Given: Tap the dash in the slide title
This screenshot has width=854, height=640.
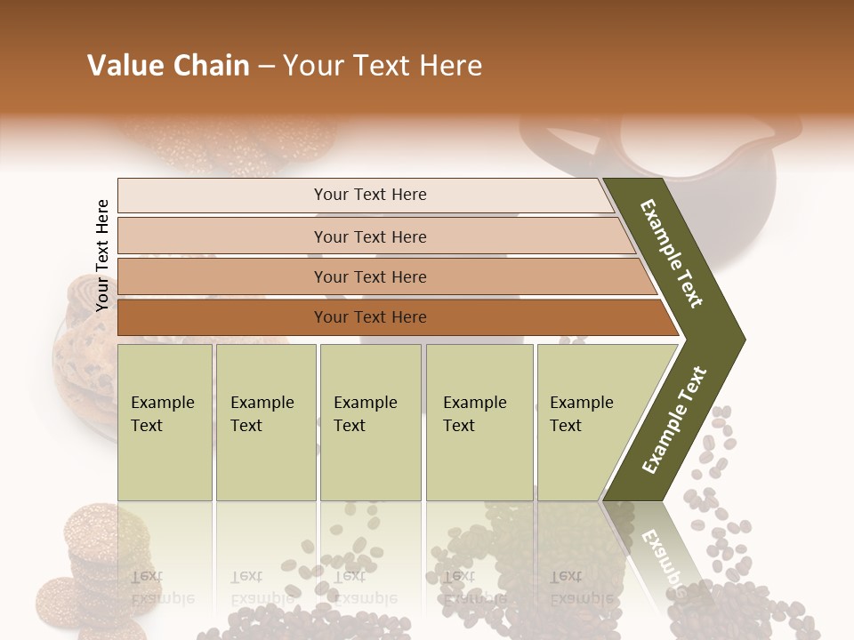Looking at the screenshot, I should [x=266, y=67].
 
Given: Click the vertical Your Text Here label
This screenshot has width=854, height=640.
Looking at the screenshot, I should [x=102, y=255].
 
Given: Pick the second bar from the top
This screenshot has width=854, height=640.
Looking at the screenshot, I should [x=369, y=236].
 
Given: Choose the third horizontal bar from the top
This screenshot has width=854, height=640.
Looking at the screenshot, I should [x=369, y=276].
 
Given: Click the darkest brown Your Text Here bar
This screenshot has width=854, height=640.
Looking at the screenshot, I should [x=369, y=317].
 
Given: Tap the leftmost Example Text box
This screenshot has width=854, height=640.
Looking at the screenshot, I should [x=165, y=422].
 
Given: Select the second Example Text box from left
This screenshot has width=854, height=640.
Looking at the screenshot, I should [x=265, y=422].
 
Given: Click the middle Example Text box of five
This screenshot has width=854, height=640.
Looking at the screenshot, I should [x=370, y=422].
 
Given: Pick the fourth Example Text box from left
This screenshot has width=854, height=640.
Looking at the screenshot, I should [x=479, y=422].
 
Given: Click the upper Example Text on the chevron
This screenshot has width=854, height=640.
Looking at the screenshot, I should [x=672, y=253].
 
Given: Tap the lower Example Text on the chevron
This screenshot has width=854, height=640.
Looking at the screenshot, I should [x=674, y=420].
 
